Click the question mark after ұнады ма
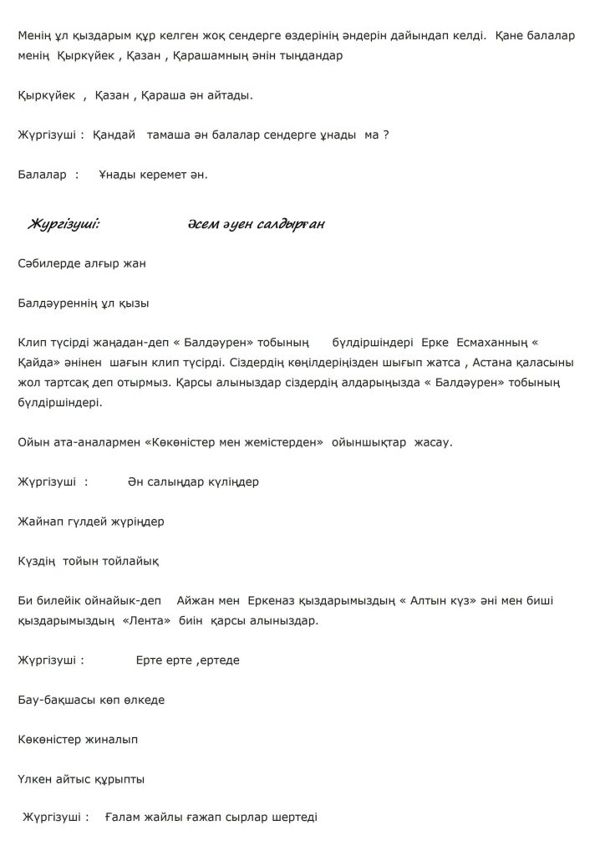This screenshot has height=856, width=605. [x=386, y=134]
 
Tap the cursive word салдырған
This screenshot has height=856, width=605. [x=289, y=224]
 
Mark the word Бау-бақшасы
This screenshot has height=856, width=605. [x=52, y=700]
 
